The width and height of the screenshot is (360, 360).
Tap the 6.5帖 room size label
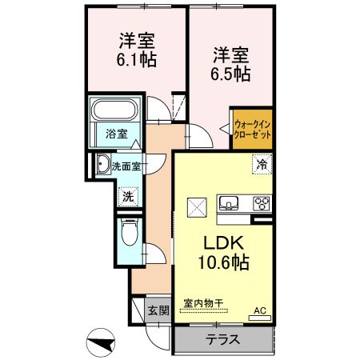coord(230,74)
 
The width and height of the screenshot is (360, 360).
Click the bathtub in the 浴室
coord(116,109)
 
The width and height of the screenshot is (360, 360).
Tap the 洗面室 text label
coord(126,167)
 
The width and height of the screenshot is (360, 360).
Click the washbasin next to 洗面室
coord(103,166)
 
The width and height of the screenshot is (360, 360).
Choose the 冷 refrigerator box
coord(261,165)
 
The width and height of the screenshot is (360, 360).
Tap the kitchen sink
coord(228,201)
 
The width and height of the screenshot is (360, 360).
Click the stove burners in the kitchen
coord(262,201)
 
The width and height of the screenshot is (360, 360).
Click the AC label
coord(260,310)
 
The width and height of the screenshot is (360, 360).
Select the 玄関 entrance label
coord(158,310)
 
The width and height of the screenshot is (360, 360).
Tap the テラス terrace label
coord(224,338)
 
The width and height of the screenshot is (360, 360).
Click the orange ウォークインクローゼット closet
coord(252,128)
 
